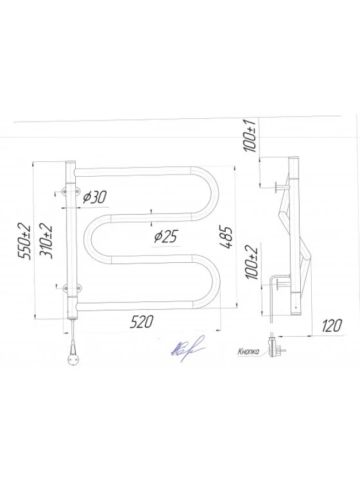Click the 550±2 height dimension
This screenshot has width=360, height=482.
(25, 242)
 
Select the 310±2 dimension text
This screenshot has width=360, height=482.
(46, 242)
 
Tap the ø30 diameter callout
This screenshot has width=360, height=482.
(95, 197)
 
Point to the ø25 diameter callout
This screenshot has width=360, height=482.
(166, 236)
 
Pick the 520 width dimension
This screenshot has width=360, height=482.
(141, 322)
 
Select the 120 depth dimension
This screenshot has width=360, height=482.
(332, 325)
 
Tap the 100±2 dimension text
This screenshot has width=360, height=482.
(251, 262)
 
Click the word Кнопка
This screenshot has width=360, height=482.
(248, 351)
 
